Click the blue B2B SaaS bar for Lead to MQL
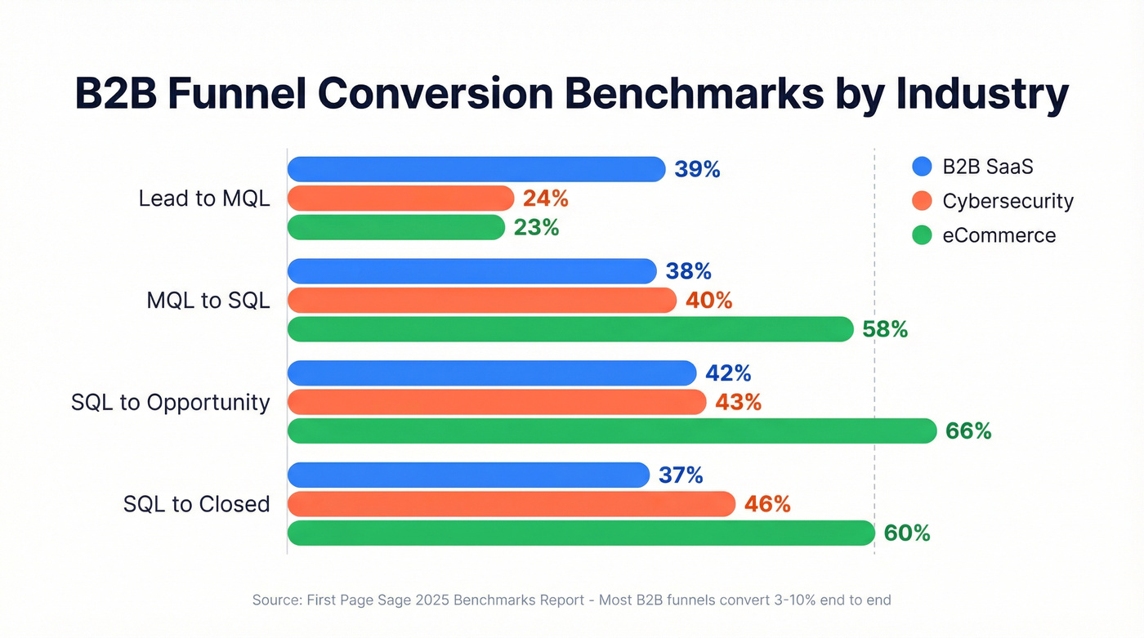click(476, 169)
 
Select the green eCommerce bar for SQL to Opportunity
click(612, 431)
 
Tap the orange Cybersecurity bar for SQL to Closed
click(512, 504)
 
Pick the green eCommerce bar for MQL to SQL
click(570, 329)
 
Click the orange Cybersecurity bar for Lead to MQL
click(400, 199)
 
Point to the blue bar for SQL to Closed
click(468, 475)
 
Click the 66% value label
click(968, 431)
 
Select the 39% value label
click(697, 169)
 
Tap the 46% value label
click(767, 504)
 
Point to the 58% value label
click(885, 329)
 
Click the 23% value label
click(536, 228)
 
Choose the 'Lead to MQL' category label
click(204, 199)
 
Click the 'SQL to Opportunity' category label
click(171, 402)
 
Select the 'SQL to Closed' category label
click(197, 504)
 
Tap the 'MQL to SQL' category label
click(208, 301)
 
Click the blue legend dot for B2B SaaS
click(922, 167)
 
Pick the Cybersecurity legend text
click(1008, 201)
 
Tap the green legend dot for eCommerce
click(922, 236)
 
